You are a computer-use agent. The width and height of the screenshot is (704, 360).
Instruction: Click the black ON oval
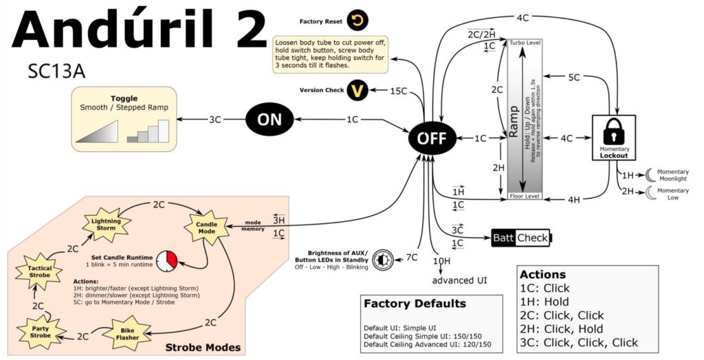click(269, 119)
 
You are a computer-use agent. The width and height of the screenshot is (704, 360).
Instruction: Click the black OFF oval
click(432, 138)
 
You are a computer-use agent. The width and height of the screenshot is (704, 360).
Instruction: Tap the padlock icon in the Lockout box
click(614, 132)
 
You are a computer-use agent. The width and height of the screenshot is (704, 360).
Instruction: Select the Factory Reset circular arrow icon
click(357, 21)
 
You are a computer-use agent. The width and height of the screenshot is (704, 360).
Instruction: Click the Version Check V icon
click(357, 91)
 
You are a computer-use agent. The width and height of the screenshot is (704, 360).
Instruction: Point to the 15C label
click(398, 91)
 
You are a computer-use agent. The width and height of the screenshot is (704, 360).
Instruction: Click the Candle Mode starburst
click(206, 227)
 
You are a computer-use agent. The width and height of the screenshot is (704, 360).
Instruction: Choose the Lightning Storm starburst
click(107, 224)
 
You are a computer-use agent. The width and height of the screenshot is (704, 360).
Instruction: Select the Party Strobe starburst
click(40, 331)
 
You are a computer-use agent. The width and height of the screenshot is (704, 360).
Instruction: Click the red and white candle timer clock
click(167, 261)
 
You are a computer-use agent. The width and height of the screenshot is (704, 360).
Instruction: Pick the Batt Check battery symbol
click(521, 238)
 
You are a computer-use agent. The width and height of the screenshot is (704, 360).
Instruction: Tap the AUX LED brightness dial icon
click(383, 260)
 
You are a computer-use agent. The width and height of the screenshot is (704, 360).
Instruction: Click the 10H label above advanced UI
click(442, 261)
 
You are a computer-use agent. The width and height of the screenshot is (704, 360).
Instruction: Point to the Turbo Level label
click(525, 43)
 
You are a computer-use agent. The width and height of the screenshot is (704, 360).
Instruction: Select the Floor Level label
click(525, 196)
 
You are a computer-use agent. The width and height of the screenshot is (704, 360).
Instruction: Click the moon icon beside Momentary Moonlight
click(650, 175)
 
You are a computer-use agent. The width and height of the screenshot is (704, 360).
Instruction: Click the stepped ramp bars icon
click(148, 131)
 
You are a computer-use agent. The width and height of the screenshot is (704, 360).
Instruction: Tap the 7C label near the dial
click(411, 258)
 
